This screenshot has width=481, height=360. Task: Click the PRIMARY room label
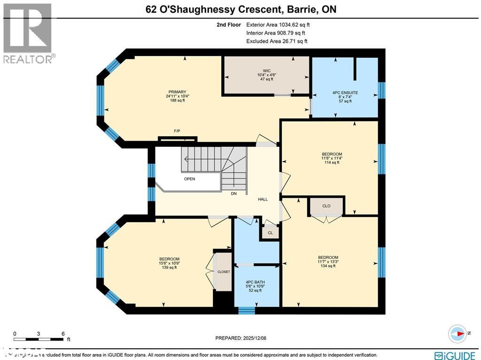pyautogui.click(x=178, y=92)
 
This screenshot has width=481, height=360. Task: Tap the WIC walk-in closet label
pyautogui.click(x=266, y=71)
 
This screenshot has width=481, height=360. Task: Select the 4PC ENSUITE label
pyautogui.click(x=345, y=93)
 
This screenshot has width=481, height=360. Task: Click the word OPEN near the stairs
pyautogui.click(x=189, y=179)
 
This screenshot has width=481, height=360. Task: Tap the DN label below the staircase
pyautogui.click(x=233, y=193)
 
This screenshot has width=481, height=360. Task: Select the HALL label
pyautogui.click(x=263, y=199)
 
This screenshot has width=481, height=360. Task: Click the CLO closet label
pyautogui.click(x=326, y=206)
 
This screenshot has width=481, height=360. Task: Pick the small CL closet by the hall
pyautogui.click(x=270, y=233)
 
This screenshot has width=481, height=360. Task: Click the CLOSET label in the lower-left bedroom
pyautogui.click(x=223, y=272)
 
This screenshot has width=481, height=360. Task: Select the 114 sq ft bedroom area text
pyautogui.click(x=332, y=163)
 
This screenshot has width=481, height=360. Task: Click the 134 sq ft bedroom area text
pyautogui.click(x=328, y=266)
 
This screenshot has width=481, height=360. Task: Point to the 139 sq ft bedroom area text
pyautogui.click(x=169, y=267)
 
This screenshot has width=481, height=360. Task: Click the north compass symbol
pyautogui.click(x=456, y=333)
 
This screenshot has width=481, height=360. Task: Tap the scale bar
pyautogui.click(x=39, y=339)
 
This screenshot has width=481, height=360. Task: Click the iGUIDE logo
pyautogui.click(x=454, y=355)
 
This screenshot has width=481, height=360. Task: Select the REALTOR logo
pyautogui.click(x=29, y=33)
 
